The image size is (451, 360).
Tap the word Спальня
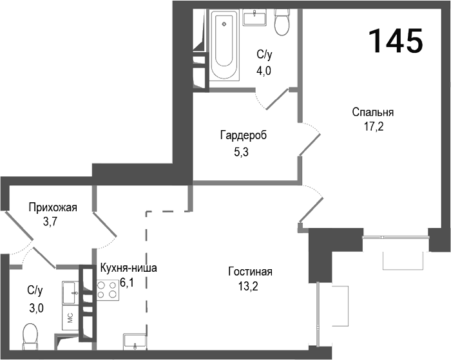373,112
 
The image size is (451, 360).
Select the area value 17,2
373,126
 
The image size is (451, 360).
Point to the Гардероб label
243,136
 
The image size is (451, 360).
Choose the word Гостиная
251,271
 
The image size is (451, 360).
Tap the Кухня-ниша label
128,268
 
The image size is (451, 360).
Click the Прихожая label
52,207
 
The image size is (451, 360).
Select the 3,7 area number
52,222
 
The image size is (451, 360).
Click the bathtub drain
224,24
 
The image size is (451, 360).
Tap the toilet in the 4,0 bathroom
282,23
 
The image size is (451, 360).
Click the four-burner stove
108,290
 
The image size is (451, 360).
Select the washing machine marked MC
70,316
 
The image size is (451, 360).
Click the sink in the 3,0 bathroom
70,293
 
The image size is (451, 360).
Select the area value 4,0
264,70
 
